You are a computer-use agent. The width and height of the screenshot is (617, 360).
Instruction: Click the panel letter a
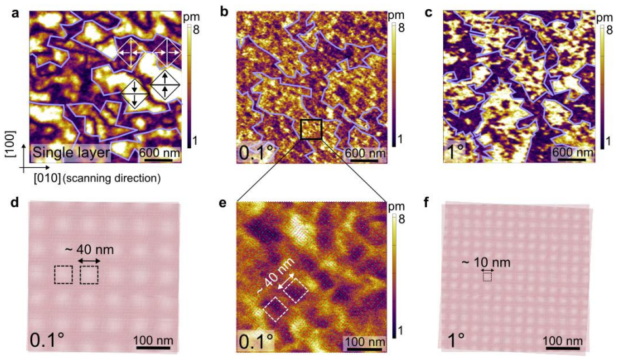15,13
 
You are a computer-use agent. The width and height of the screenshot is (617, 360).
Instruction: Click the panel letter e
224,204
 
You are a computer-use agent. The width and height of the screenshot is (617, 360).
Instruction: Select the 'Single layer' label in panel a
71,152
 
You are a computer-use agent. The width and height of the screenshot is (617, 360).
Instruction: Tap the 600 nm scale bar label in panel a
159,152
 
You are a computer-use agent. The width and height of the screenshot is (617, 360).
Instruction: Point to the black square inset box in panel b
311,129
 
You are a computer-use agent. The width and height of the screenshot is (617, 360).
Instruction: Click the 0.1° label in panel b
256,152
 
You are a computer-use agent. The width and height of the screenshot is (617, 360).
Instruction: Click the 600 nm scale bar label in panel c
573,152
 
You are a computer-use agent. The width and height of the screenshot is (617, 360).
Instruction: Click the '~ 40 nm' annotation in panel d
89,249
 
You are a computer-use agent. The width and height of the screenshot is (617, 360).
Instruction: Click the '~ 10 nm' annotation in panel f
487,262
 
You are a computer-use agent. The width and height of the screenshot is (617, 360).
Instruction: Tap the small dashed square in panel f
487,277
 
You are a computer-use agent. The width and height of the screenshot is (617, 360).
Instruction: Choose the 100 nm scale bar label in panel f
563,340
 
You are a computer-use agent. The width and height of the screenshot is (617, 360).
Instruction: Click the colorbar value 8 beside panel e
401,219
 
